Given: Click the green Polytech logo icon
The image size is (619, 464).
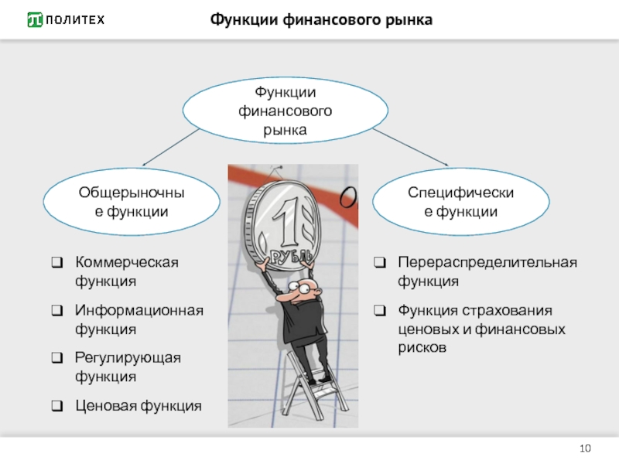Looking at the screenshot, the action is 35,20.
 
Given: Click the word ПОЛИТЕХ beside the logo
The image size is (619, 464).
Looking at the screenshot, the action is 75,20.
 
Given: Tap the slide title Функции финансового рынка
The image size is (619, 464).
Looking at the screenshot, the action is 321,20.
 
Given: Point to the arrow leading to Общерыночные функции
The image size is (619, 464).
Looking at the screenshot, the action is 170,147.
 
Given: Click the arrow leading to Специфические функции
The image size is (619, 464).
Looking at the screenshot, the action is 411,147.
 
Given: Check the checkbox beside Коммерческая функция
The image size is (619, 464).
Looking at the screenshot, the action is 57,262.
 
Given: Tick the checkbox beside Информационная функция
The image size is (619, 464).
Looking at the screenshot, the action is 57,311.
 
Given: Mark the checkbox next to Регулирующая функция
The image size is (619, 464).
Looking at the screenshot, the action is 57,358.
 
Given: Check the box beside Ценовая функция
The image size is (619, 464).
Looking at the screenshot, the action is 57,405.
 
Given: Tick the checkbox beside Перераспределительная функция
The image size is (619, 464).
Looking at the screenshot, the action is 380,262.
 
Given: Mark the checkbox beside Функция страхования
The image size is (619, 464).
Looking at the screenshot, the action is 380,311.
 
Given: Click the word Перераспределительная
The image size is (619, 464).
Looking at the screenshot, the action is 487,263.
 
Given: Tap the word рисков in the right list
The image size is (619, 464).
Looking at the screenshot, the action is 422,348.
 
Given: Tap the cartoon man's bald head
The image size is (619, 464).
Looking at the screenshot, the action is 306,285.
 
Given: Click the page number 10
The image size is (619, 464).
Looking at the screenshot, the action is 585,449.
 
